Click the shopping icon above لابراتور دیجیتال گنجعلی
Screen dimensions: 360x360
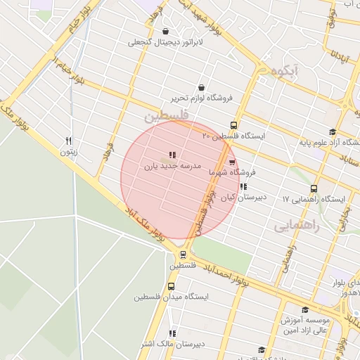point(165,31)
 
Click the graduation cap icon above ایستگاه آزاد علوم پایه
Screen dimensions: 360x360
point(332,131)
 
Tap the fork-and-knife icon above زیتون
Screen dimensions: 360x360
point(68,140)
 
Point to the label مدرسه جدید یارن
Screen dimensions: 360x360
point(173,167)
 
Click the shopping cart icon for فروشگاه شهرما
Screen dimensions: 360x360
point(232,161)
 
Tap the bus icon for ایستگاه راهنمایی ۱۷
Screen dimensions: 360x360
point(314,188)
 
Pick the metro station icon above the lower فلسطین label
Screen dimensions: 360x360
point(183,255)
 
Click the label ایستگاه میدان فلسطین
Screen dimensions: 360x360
point(172,296)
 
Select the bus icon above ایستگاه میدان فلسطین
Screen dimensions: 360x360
point(172,285)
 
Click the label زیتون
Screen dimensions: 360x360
point(68,151)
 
